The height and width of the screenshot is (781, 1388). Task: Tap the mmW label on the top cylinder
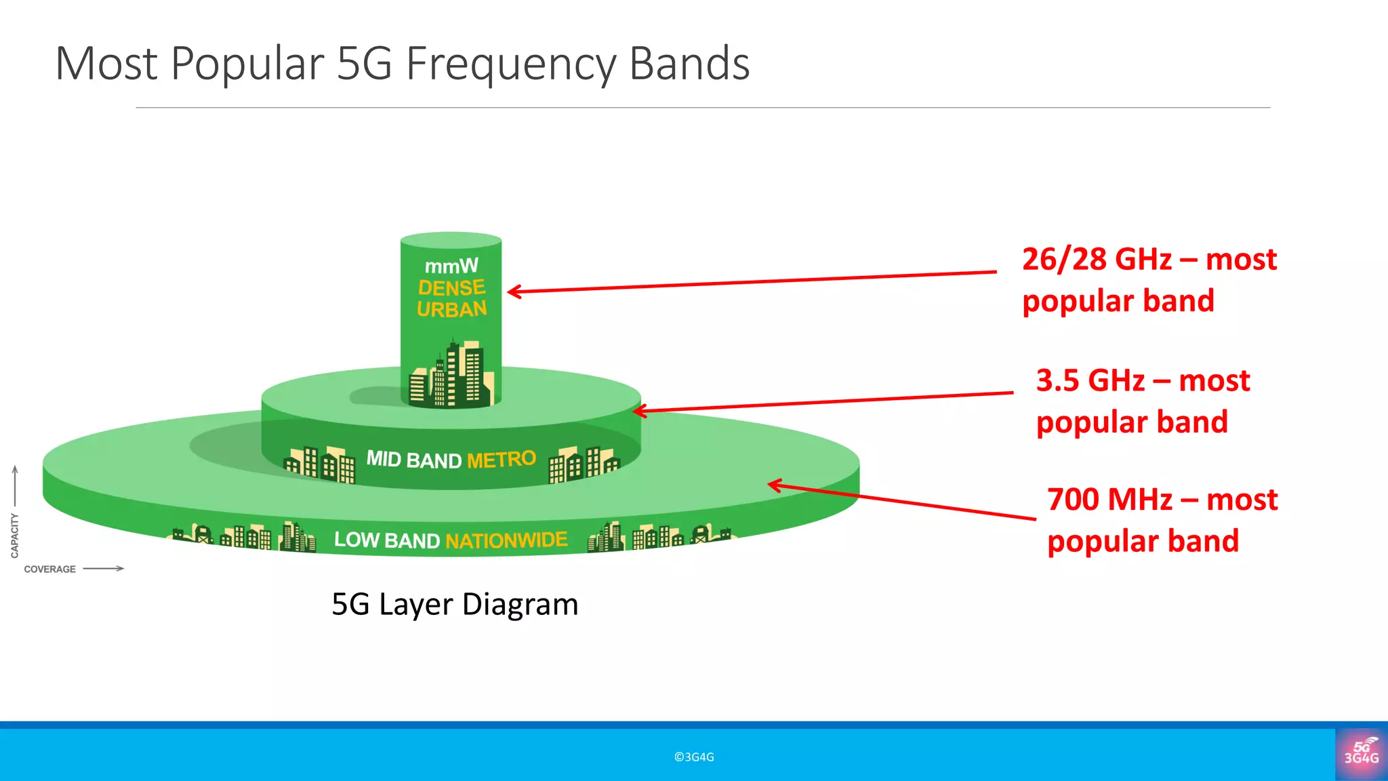451,266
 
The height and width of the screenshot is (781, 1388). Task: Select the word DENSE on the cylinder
451,288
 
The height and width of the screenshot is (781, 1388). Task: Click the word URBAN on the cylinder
451,310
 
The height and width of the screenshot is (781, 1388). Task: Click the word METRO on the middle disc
502,460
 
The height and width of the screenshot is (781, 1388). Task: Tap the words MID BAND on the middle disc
413,460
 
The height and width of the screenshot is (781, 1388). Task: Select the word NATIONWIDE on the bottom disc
506,540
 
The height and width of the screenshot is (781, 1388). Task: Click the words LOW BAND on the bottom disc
387,540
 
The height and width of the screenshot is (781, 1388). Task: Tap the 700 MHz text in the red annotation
1109,500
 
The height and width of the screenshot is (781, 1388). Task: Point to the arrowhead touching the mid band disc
638,411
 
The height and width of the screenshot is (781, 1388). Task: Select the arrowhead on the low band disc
774,485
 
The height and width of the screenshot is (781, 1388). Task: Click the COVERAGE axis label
49,569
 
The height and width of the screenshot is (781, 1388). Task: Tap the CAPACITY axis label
15,536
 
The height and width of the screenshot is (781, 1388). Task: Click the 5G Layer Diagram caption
455,604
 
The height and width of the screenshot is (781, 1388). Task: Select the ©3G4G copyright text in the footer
694,757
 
